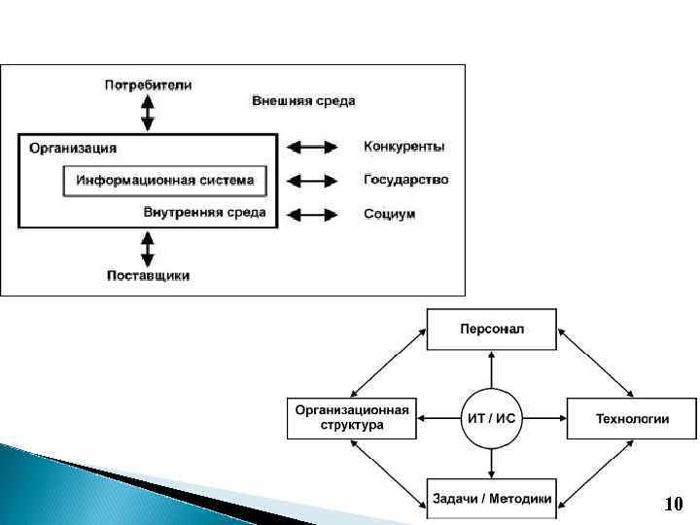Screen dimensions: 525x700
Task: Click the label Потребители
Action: pos(148,85)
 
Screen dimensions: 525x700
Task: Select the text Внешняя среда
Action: pos(303,101)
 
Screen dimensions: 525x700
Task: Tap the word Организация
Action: pos(73,148)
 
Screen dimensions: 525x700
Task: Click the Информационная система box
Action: pos(164,181)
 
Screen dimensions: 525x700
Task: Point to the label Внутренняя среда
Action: pos(204,213)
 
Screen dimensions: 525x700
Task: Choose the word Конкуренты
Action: pos(404,147)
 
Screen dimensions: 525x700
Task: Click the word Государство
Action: pos(406,180)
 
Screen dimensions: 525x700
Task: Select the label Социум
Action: pos(390,213)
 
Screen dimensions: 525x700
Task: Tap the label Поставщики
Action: pos(148,275)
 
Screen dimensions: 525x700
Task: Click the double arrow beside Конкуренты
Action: pos(311,147)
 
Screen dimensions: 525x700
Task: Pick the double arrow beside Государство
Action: pos(311,180)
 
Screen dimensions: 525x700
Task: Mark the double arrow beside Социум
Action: pos(311,213)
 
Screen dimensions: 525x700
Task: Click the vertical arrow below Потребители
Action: pos(148,113)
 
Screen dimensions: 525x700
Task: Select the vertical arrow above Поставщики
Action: pos(148,247)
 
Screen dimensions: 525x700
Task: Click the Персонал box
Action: pos(492,329)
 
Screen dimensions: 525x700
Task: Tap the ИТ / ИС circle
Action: pos(492,419)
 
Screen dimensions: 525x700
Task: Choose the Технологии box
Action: pos(632,419)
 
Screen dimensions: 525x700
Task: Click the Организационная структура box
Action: pos(351,418)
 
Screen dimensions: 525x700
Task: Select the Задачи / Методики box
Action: pos(492,499)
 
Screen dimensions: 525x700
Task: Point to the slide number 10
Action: pos(674,505)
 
